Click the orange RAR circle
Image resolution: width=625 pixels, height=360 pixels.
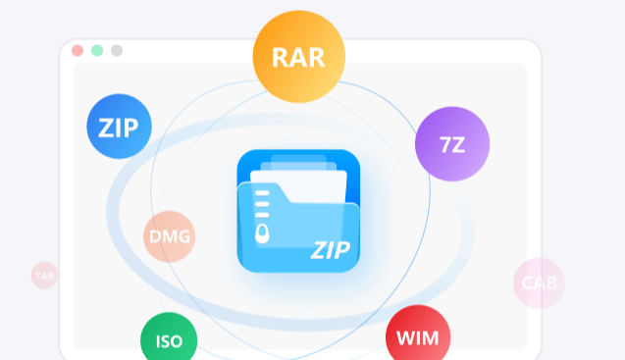point(299,57)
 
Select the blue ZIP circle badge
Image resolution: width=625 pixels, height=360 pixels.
point(119,127)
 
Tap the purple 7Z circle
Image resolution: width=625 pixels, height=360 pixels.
point(452,144)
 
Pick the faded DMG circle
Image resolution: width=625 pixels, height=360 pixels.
point(170,236)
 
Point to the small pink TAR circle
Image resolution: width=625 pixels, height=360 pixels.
point(45,276)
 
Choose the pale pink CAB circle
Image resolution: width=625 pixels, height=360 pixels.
point(539,283)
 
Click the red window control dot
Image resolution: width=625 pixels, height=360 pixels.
point(78,51)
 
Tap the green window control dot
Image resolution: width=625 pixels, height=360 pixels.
point(97,51)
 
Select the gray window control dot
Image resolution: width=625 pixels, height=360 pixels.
point(117,51)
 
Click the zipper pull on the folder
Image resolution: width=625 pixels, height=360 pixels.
point(262,233)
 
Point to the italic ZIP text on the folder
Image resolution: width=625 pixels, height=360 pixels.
point(331,250)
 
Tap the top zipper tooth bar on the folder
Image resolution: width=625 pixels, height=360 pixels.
point(262,193)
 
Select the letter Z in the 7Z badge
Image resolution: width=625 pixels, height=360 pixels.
point(458,145)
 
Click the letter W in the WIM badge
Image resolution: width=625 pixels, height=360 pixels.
point(406,338)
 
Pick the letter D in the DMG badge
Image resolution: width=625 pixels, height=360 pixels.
point(155,236)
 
